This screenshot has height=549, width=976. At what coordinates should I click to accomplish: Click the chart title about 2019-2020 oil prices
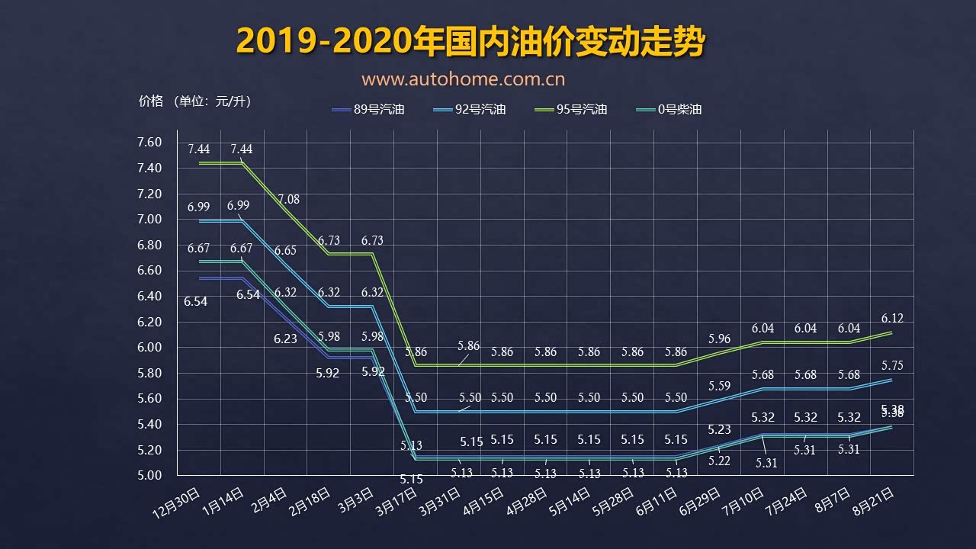click(470, 42)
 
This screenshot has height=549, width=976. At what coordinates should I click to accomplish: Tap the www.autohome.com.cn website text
click(463, 79)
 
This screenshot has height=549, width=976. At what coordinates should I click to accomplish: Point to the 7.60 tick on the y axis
click(149, 143)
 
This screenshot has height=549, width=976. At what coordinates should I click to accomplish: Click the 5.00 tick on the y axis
click(149, 475)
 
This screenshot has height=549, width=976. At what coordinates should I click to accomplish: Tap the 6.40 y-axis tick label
click(149, 296)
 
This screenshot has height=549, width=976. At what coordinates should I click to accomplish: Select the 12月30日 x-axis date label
click(178, 501)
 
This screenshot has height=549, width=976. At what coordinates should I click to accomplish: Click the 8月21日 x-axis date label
click(872, 501)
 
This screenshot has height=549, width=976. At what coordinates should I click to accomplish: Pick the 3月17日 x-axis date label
click(395, 501)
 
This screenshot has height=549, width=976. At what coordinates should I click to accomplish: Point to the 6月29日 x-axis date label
click(698, 501)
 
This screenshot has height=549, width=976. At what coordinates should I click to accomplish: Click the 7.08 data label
click(288, 200)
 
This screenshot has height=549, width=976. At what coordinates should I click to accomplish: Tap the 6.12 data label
click(891, 318)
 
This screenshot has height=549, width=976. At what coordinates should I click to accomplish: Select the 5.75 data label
click(891, 365)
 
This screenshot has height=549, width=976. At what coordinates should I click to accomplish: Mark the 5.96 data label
click(719, 339)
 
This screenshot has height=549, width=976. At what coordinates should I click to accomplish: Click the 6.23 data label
click(285, 339)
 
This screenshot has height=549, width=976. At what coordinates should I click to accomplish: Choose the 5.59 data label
click(719, 386)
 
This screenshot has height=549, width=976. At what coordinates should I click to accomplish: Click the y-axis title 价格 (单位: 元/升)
click(194, 101)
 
